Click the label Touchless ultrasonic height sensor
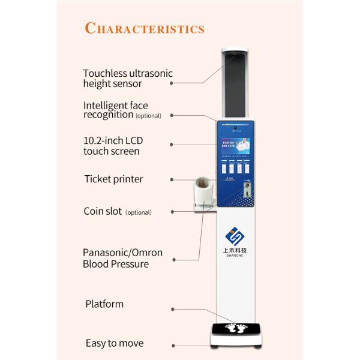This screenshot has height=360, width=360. click(127, 79)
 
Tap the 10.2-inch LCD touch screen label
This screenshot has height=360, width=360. click(113, 146)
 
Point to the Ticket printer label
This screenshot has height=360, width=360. click(113, 179)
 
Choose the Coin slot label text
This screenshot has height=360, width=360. click(103, 211)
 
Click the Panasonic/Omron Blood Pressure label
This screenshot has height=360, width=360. click(122, 258)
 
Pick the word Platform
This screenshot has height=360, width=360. click(104, 304)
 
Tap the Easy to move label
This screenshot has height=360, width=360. click(114, 343)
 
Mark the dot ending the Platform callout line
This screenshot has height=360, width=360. click(173, 310)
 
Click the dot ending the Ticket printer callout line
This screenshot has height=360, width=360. click(172, 179)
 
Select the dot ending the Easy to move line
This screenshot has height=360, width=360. click(173, 346)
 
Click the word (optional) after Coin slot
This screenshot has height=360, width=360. click(138, 212)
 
